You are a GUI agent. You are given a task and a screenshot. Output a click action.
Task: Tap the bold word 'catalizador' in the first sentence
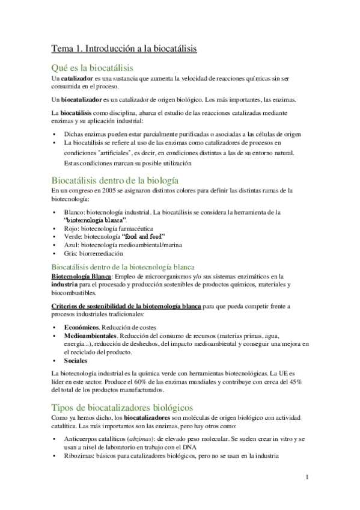[75, 78]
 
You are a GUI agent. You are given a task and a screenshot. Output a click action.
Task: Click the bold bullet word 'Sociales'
[76, 360]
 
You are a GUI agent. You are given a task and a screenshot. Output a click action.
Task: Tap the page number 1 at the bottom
[307, 478]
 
